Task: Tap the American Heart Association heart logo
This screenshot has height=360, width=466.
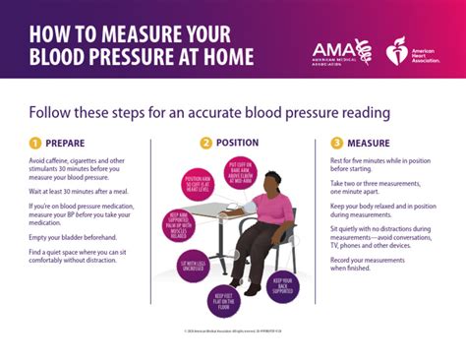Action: point(397,50)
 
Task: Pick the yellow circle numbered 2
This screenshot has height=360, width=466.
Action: point(205,143)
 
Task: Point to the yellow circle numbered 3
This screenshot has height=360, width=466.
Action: point(336,143)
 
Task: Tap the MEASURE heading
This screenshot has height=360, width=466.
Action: point(369,143)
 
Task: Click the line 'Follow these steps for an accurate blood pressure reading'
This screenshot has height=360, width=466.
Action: point(209,111)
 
